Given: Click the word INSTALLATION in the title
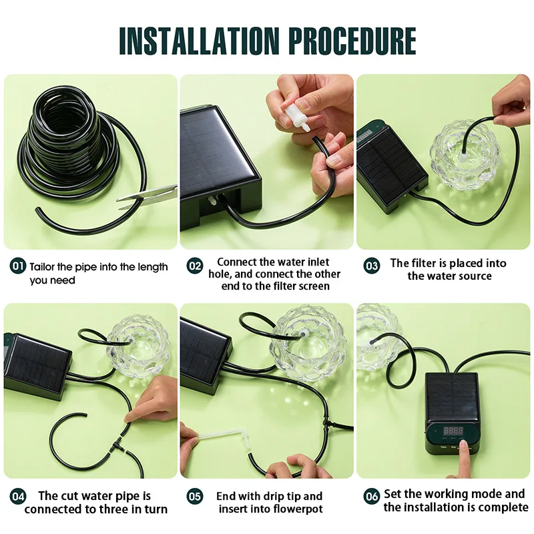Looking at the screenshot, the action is tap(199, 41).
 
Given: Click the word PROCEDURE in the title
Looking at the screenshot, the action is tap(352, 41).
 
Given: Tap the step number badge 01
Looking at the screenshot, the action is tap(18, 266).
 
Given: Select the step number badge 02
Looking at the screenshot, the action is tap(194, 266).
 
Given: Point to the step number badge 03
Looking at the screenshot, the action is tap(371, 266).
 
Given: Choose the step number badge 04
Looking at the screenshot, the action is tap(18, 497).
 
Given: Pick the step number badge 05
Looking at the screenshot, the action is tap(194, 497).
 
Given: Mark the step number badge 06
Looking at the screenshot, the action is tap(371, 497).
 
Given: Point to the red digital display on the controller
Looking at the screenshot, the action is tap(453, 431).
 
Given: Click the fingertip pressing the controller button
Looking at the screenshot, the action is tap(463, 444).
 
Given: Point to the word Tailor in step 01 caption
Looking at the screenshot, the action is tap(42, 266).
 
